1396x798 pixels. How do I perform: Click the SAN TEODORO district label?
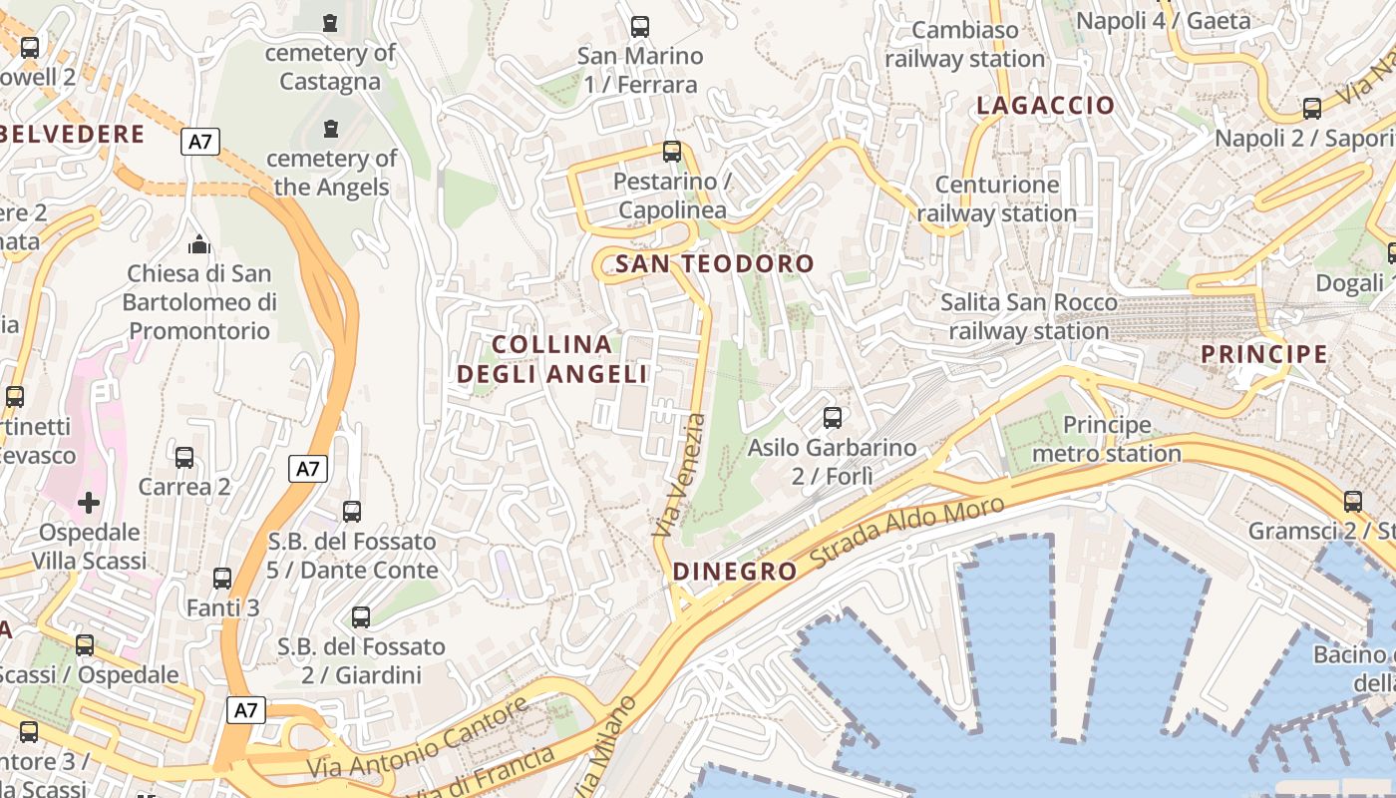pyautogui.click(x=715, y=264)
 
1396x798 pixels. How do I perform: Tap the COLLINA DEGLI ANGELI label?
pyautogui.click(x=552, y=359)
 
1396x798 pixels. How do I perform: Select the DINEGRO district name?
pyautogui.click(x=735, y=572)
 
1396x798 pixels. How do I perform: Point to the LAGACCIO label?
pyautogui.click(x=1045, y=106)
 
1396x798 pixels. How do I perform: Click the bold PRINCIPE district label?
pyautogui.click(x=1263, y=354)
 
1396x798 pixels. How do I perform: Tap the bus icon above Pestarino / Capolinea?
pyautogui.click(x=672, y=152)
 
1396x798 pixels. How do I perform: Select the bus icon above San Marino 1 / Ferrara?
pyautogui.click(x=640, y=27)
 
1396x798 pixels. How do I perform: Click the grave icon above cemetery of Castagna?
pyautogui.click(x=330, y=22)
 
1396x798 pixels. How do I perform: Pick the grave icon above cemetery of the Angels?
pyautogui.click(x=330, y=129)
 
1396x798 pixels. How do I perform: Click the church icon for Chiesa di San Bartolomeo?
pyautogui.click(x=199, y=243)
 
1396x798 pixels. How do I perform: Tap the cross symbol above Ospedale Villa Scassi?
pyautogui.click(x=89, y=502)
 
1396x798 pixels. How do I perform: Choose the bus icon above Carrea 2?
pyautogui.click(x=184, y=458)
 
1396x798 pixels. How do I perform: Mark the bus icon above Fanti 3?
pyautogui.click(x=222, y=579)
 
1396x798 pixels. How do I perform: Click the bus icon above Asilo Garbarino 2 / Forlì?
pyautogui.click(x=832, y=418)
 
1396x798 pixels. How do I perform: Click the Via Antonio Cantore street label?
pyautogui.click(x=418, y=739)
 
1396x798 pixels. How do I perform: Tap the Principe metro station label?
pyautogui.click(x=1106, y=440)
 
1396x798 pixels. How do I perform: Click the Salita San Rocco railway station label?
pyautogui.click(x=1029, y=316)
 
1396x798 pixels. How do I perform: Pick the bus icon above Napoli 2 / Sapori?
pyautogui.click(x=1312, y=109)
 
